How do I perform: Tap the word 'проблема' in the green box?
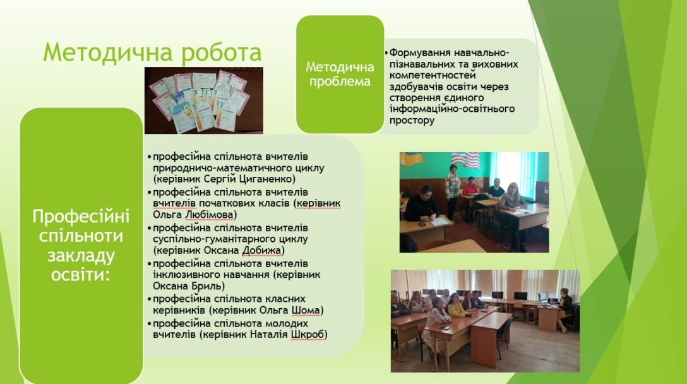click(x=340, y=81)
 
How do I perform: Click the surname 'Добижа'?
click(x=261, y=250)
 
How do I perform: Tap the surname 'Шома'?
click(x=306, y=310)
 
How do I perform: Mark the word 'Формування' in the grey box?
click(x=420, y=53)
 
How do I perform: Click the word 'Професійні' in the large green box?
click(x=81, y=217)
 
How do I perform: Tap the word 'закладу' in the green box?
click(x=81, y=255)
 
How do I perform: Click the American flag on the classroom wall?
click(x=465, y=159)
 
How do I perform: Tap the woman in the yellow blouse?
click(x=456, y=305)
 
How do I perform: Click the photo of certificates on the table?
click(x=204, y=100)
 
